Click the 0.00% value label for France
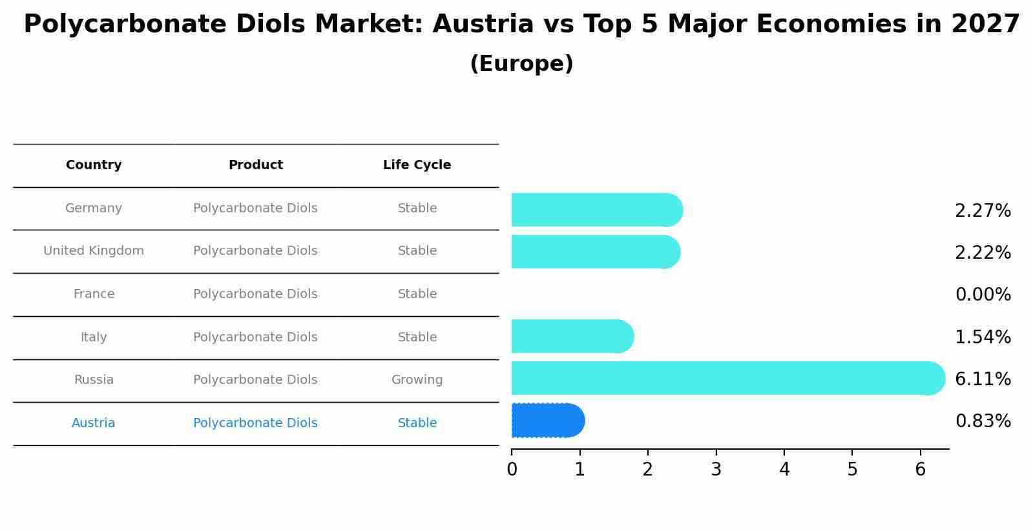click(983, 295)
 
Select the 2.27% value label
click(983, 211)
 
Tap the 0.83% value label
click(983, 421)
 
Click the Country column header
click(94, 165)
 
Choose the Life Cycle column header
click(417, 165)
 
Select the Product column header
click(255, 165)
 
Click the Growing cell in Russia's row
click(417, 380)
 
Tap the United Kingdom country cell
click(94, 251)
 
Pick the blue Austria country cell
click(94, 423)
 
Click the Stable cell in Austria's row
click(417, 423)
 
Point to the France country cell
click(94, 294)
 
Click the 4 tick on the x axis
click(784, 470)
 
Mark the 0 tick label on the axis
click(512, 470)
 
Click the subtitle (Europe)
click(521, 64)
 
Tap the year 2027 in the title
click(985, 25)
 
